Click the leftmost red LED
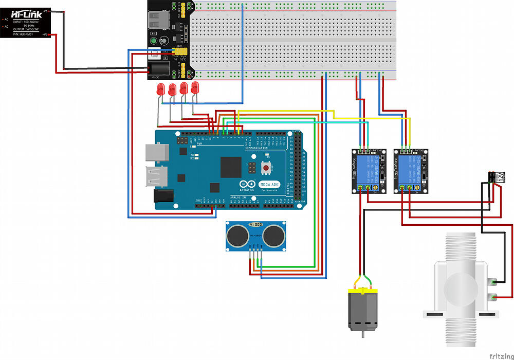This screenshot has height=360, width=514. [160, 89]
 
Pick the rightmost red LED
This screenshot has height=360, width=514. [195, 87]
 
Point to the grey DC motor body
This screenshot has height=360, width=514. [364, 311]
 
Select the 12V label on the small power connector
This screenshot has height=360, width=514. [499, 177]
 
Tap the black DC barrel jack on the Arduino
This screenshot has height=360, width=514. [164, 195]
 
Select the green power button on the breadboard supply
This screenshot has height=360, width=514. [153, 41]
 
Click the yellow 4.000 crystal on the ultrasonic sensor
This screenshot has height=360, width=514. [255, 225]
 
